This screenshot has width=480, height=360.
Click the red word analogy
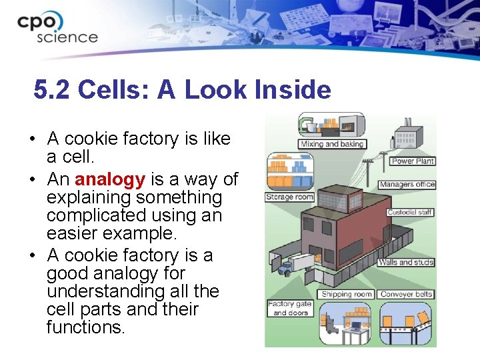[x=110, y=179]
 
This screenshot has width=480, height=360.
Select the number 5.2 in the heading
[x=52, y=90]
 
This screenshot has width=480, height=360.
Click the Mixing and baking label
[x=332, y=144]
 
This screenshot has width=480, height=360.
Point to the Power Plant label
[x=413, y=161]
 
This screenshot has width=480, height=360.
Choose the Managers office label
[x=407, y=185]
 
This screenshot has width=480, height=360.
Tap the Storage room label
[x=289, y=197]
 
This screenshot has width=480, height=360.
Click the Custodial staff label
[x=410, y=213]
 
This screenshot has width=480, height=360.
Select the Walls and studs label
[x=406, y=262]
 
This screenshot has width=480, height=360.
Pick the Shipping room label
[x=347, y=294]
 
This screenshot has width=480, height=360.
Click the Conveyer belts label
[x=406, y=294]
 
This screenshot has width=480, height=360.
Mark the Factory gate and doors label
[x=290, y=309]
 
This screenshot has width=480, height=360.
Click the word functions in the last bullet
[x=85, y=327]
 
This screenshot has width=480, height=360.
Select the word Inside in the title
[x=291, y=90]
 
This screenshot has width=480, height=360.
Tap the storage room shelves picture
[x=289, y=172]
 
